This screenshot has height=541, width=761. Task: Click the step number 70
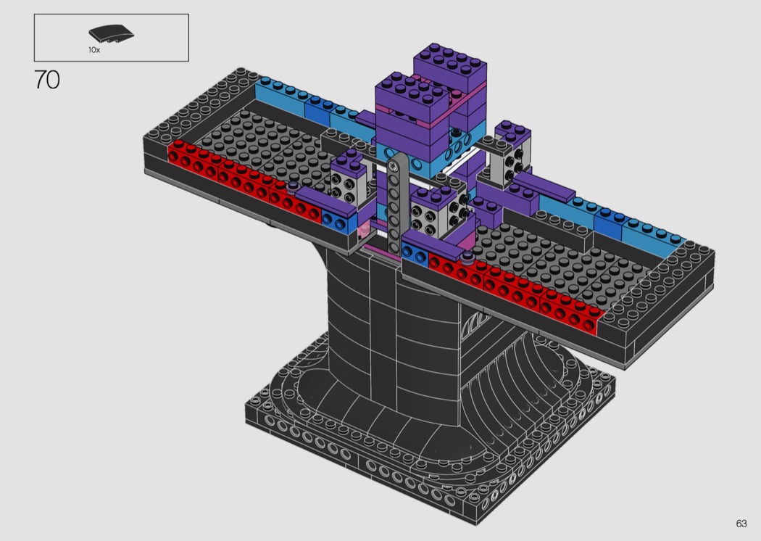[x=47, y=80]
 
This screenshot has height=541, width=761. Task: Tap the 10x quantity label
[x=94, y=49]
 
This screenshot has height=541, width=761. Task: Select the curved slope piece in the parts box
[x=111, y=33]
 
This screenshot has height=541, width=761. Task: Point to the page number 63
[x=741, y=523]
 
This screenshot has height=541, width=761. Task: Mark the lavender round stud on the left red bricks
[x=292, y=186]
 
